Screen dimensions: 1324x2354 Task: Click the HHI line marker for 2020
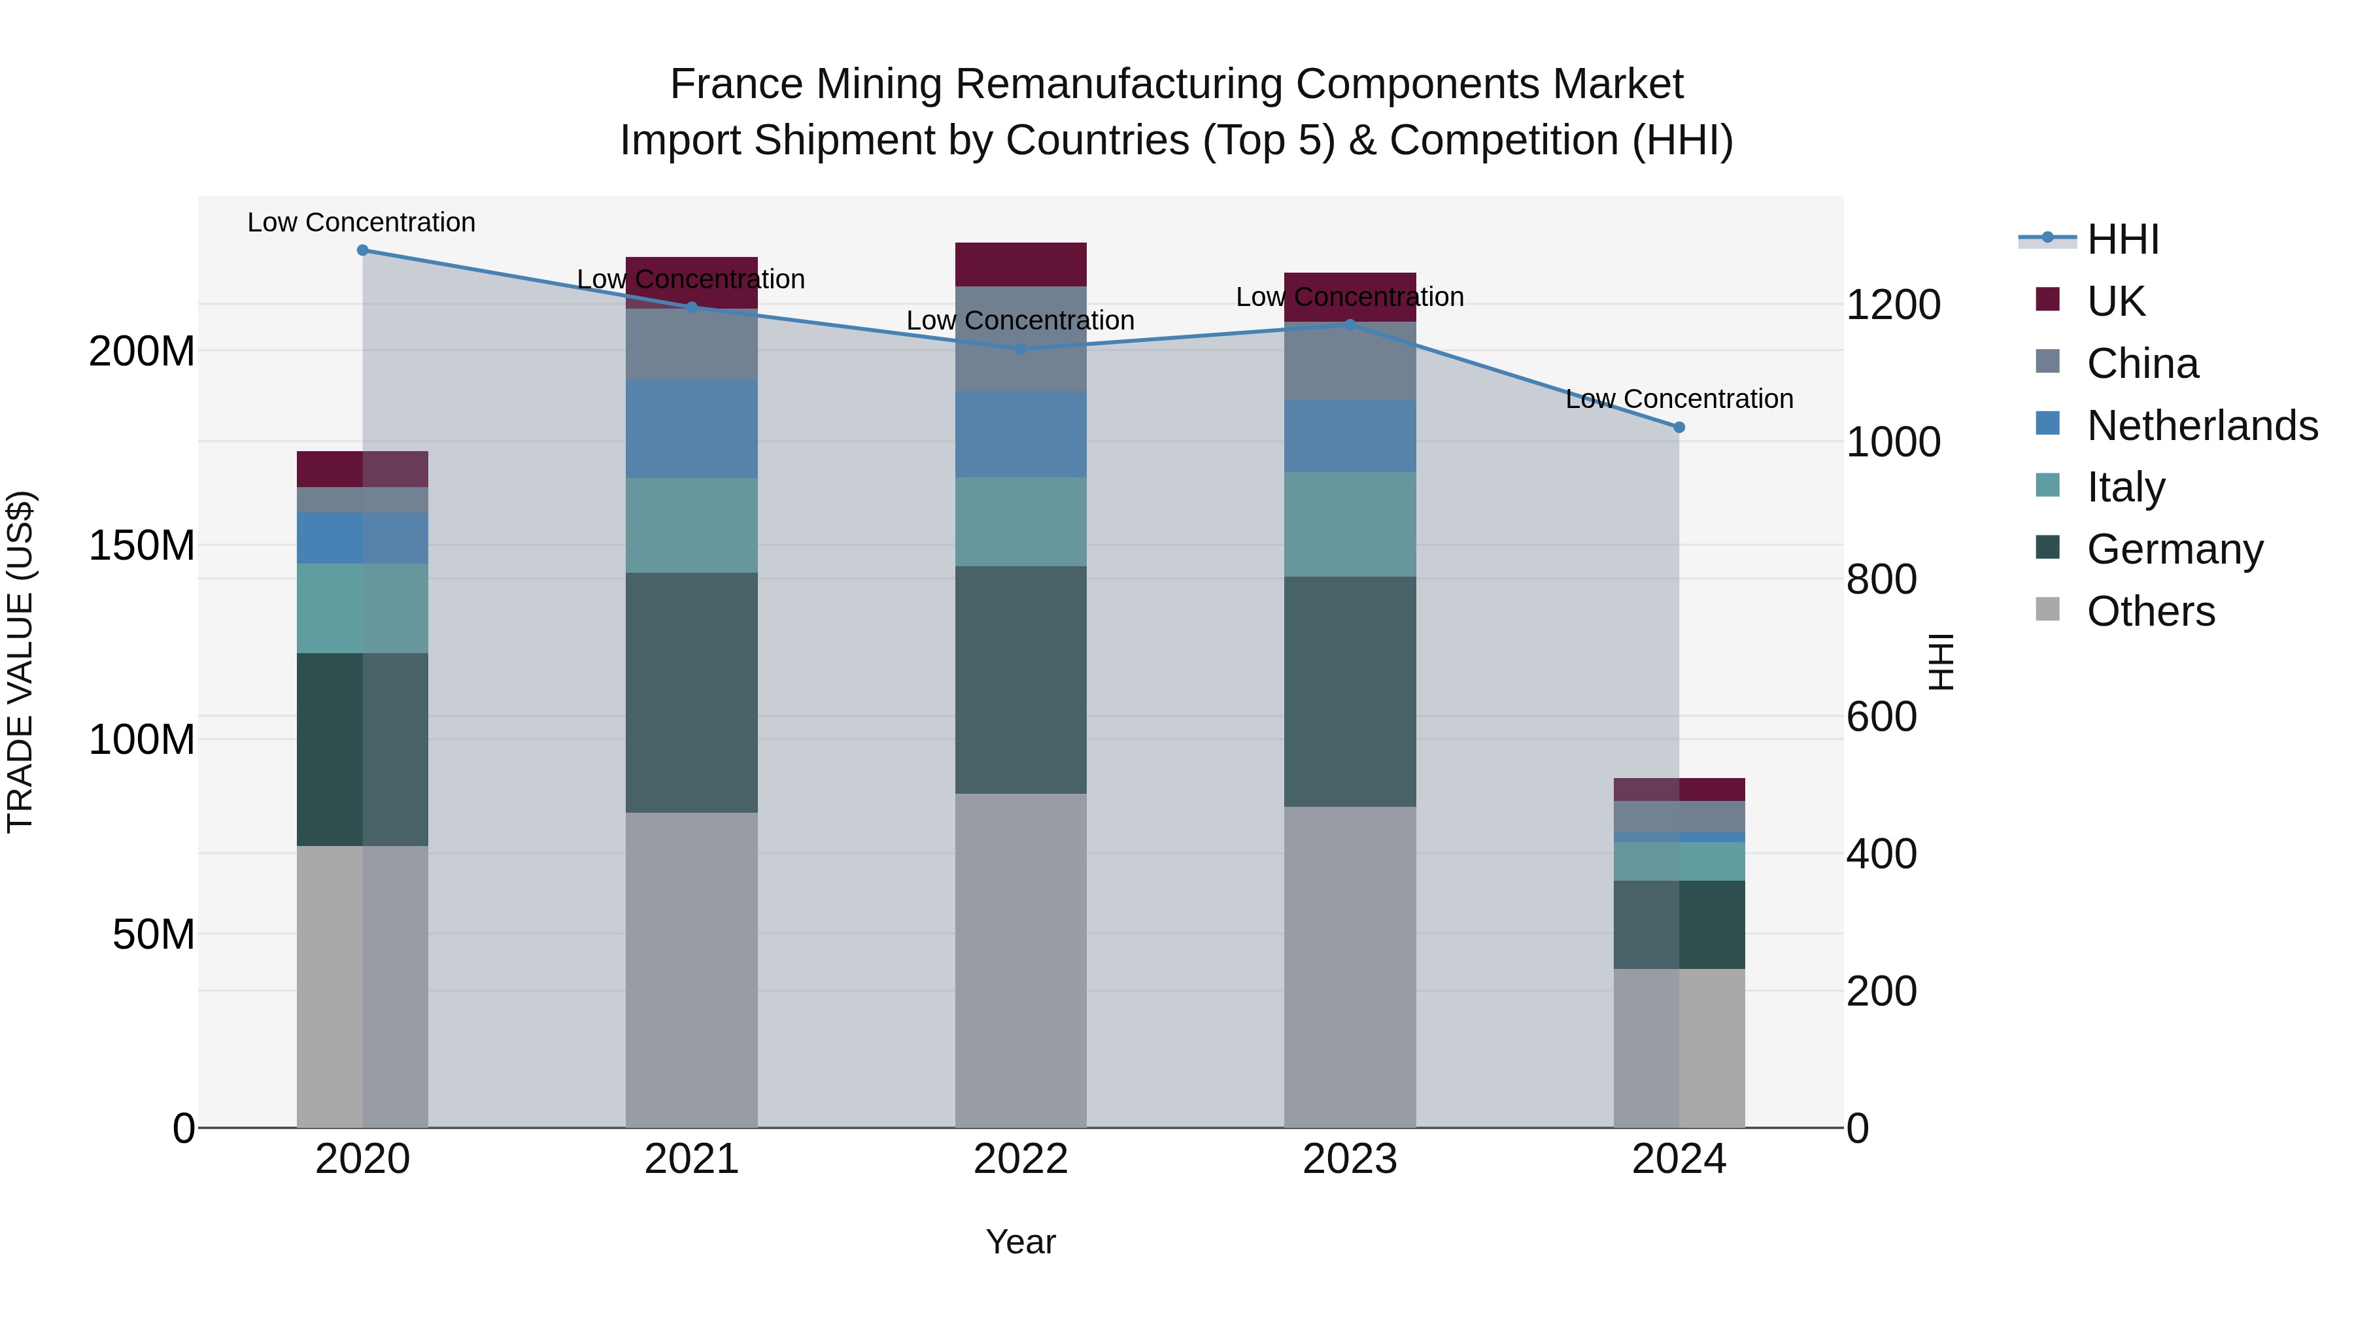363,250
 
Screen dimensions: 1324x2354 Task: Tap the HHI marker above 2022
1021,348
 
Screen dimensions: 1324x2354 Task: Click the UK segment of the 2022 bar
1021,264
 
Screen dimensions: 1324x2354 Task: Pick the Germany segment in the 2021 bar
692,692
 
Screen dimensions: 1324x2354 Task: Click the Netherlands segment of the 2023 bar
1350,436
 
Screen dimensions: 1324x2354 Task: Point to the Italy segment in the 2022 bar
1021,521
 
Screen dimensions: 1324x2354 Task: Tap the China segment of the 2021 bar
692,345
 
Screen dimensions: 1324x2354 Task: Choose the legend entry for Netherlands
2202,425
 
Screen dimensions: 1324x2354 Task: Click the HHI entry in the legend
2123,239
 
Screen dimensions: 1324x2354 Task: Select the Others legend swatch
2048,609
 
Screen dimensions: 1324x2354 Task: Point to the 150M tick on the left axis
142,545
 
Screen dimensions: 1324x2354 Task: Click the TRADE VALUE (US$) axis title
20,662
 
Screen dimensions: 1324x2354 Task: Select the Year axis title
1021,1242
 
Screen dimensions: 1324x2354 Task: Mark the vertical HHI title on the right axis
1940,662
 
